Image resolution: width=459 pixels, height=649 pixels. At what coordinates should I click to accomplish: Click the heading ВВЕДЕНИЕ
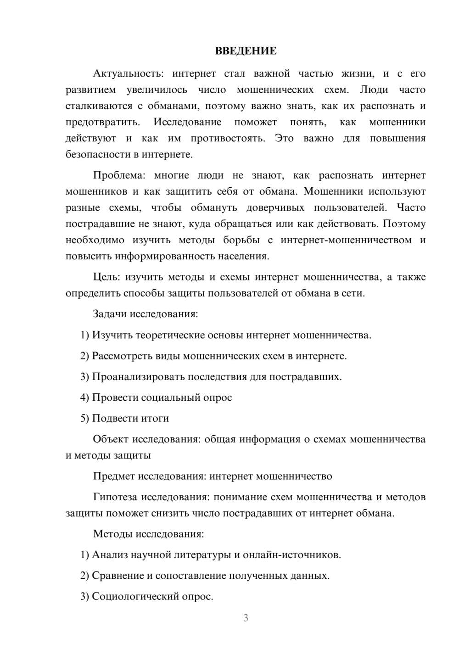coord(246,51)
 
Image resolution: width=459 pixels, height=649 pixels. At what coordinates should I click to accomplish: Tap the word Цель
coord(106,277)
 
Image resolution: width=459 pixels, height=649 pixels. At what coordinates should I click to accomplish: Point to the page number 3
coord(246,618)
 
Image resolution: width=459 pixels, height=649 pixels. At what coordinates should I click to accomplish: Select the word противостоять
coord(228,138)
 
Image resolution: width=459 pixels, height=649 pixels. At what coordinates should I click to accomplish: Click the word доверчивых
coord(275,207)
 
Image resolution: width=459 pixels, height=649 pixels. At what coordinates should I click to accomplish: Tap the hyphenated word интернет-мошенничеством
coord(346,240)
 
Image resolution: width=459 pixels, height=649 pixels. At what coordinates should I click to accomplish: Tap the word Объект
coord(111,439)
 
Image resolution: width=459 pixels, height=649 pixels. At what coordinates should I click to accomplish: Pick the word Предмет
coord(114,476)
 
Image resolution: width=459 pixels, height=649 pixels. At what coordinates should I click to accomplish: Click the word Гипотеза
coord(115,497)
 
